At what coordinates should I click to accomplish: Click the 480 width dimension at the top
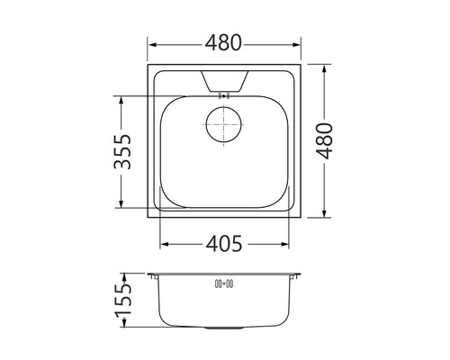223,42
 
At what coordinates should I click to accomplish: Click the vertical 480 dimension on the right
325,140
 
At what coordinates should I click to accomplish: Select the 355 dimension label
122,151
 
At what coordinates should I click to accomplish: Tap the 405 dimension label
224,243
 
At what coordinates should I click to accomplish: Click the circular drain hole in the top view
223,124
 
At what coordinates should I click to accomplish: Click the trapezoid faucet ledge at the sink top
224,81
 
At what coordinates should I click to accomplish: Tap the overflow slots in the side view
224,283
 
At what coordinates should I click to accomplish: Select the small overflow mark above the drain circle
223,96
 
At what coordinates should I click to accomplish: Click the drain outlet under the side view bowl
224,328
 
